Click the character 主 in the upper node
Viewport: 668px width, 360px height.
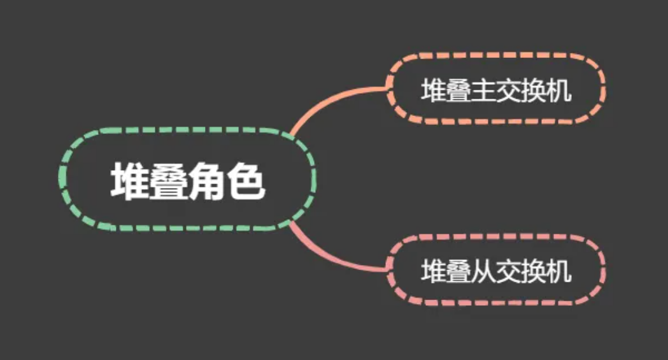click(483, 92)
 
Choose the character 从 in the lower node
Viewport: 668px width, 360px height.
click(483, 272)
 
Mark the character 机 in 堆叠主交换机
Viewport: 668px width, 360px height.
click(558, 92)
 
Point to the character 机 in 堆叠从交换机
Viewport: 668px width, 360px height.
click(558, 272)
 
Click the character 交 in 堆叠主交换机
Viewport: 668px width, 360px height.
click(509, 92)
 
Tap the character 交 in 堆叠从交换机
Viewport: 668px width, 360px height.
click(509, 272)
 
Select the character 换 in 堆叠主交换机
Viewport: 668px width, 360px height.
click(534, 92)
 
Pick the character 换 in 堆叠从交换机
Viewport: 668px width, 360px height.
click(534, 272)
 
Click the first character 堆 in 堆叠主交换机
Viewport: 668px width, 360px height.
click(433, 92)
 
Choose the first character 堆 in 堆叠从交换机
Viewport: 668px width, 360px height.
click(433, 272)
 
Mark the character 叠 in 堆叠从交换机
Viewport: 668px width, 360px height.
click(458, 272)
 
